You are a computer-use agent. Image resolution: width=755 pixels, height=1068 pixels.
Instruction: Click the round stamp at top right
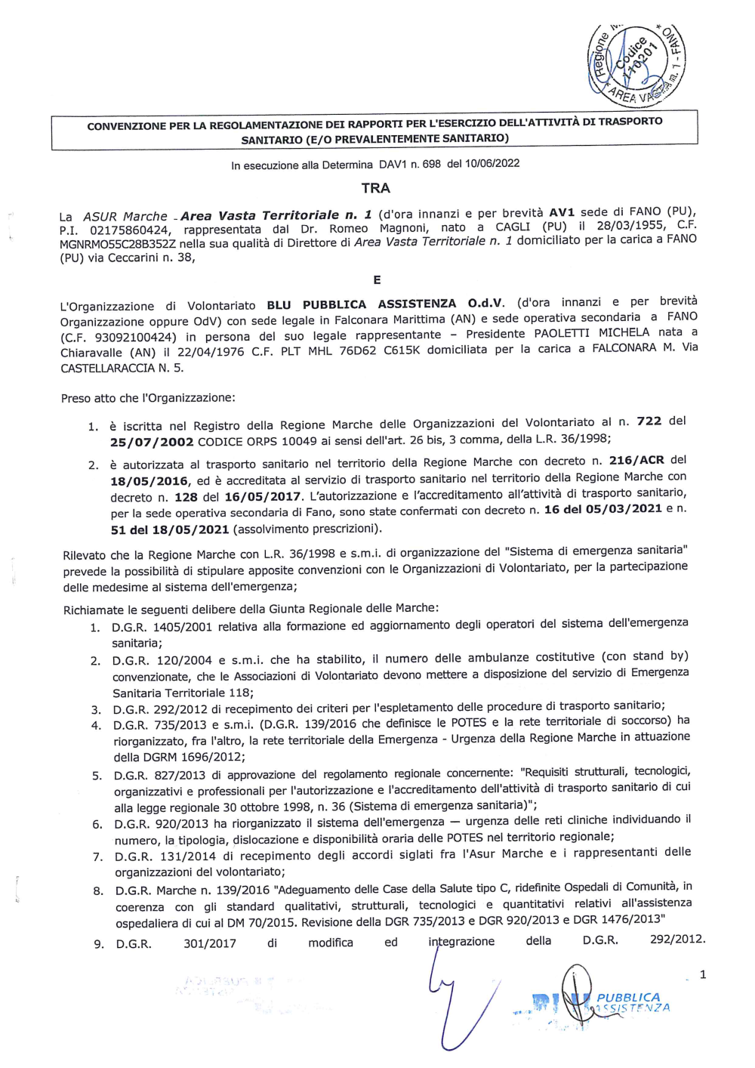coord(636,63)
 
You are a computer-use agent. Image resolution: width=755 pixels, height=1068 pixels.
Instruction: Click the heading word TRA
coord(375,188)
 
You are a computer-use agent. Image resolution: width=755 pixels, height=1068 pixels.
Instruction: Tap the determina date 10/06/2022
coord(494,163)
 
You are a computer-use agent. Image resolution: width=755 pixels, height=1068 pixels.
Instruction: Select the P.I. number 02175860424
coord(130,230)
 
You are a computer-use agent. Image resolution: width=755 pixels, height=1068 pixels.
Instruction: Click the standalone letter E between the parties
coord(377,280)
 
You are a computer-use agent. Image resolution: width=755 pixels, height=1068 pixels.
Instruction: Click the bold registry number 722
coord(649,421)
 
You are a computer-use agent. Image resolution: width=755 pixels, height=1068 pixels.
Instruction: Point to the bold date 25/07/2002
coord(152,442)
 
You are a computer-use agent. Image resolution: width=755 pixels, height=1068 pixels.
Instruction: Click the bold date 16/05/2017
coord(260,496)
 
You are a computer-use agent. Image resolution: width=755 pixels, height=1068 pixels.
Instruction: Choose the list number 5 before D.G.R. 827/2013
coord(97,776)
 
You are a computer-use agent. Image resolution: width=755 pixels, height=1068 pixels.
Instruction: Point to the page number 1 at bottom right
coord(703,974)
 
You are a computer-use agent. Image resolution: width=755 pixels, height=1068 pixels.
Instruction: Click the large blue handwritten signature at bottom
coord(461,1005)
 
